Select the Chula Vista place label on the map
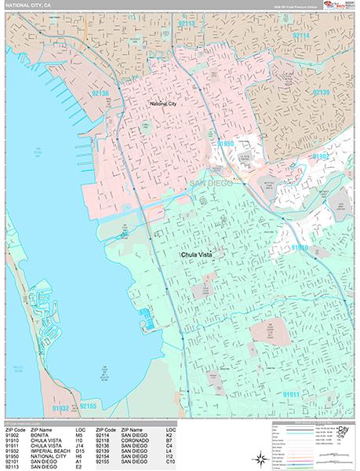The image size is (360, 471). click(197, 254)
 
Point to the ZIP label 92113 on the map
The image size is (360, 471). click(187, 24)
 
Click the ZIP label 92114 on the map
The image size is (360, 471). click(301, 35)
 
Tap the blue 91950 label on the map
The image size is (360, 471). click(226, 144)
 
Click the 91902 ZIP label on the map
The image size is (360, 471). click(321, 156)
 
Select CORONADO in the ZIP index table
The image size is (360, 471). click(136, 440)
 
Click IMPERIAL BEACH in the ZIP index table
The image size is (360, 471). click(51, 451)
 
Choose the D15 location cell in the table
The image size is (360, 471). click(80, 451)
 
